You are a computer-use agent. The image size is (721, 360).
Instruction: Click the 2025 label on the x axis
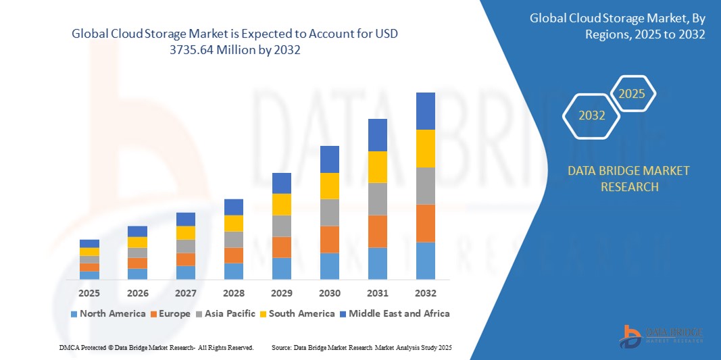(89, 293)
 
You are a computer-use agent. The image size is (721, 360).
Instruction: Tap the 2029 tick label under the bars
(281, 293)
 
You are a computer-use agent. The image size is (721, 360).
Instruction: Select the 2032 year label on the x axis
(425, 293)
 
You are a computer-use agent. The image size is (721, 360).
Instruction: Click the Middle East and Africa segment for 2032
(425, 111)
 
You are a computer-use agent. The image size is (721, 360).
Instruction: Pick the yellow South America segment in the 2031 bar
(377, 167)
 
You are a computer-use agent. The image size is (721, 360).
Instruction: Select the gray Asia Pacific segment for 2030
(329, 212)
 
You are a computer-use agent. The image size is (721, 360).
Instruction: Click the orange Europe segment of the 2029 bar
(281, 247)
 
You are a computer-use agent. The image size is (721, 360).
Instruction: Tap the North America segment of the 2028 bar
(233, 271)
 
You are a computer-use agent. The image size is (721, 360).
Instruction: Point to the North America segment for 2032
(425, 260)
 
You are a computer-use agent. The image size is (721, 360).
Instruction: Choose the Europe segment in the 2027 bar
(185, 259)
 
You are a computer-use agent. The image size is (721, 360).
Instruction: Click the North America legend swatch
(74, 314)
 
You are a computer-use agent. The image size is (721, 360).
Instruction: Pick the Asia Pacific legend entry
(226, 313)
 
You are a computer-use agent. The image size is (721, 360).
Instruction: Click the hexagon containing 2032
(592, 115)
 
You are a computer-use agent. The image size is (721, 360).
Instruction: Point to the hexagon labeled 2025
(632, 94)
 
